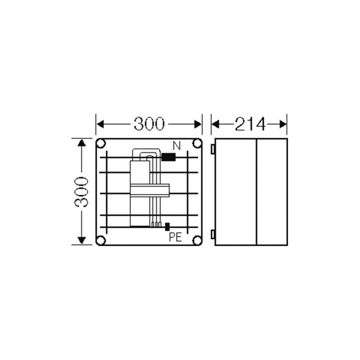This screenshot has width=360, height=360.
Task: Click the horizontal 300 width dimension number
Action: click(x=149, y=124)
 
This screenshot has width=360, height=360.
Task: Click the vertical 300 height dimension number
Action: click(x=81, y=192)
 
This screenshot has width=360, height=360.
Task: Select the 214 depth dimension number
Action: click(x=250, y=124)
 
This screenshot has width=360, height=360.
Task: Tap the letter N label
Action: click(x=176, y=146)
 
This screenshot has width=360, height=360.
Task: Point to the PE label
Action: click(x=175, y=237)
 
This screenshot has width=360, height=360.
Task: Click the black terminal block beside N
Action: click(x=168, y=157)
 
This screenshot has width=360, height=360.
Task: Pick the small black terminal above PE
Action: click(x=167, y=227)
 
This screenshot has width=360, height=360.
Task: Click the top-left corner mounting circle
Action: click(x=101, y=144)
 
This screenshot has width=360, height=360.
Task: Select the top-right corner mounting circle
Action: click(x=197, y=144)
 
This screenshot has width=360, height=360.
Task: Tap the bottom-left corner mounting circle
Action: click(x=101, y=240)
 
